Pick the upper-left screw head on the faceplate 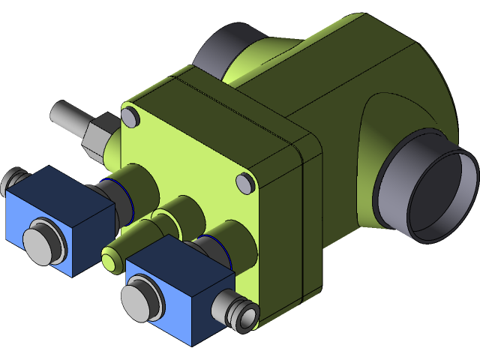pos(130,116)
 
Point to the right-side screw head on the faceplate pos(245,182)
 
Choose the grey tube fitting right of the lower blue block pos(240,312)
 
